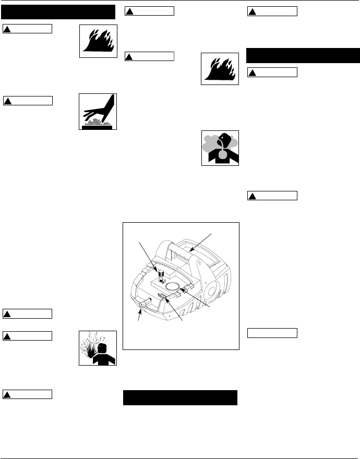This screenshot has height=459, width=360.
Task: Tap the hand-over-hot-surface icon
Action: coord(98,112)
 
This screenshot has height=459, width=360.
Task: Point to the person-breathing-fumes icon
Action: coord(220,148)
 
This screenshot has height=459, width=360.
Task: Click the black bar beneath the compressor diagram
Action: coord(180,397)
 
